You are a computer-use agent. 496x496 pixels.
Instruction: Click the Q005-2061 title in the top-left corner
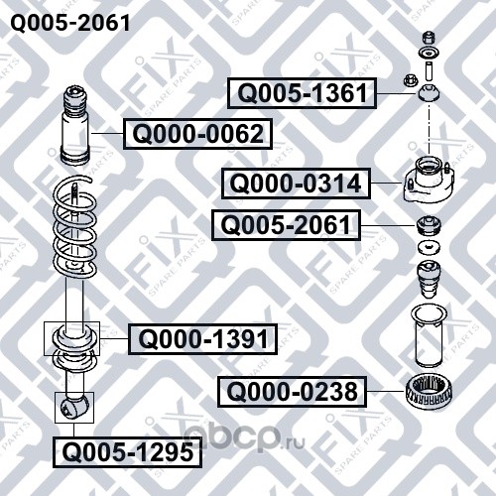70,23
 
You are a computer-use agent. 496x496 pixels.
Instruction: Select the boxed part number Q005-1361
302,93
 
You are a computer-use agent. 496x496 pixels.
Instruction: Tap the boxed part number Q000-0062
197,134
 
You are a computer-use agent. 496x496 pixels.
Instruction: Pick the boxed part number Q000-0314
296,184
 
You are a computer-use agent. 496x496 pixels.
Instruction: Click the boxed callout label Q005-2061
286,225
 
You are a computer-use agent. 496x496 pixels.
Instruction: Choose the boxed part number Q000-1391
202,339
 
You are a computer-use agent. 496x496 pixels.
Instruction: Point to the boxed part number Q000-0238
292,392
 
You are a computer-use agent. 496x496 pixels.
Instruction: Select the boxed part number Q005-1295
128,452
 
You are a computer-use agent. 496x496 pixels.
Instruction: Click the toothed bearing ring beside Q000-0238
429,393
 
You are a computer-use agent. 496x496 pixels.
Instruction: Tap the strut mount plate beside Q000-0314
428,181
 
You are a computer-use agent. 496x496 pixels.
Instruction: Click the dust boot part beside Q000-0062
75,126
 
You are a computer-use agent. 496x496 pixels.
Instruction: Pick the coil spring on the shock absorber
75,228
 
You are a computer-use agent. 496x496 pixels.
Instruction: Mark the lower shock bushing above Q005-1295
74,408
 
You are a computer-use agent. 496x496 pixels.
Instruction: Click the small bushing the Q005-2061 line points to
429,225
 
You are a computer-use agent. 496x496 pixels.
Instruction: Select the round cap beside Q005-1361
429,92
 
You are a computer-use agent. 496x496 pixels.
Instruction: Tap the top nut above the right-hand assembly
429,37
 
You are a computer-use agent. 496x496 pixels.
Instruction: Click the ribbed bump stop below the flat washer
429,280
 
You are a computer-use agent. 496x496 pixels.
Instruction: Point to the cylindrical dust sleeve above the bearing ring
429,336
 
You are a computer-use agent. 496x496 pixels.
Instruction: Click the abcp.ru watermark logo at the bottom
244,437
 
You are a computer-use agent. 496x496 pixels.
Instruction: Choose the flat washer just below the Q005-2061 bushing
429,248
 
